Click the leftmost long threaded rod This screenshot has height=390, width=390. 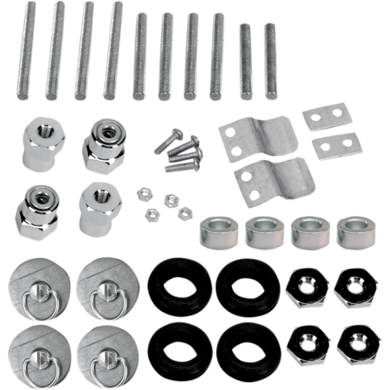26,51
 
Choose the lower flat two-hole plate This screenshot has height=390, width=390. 334,146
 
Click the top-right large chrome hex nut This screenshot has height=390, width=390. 357,286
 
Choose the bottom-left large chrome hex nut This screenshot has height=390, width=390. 307,342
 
